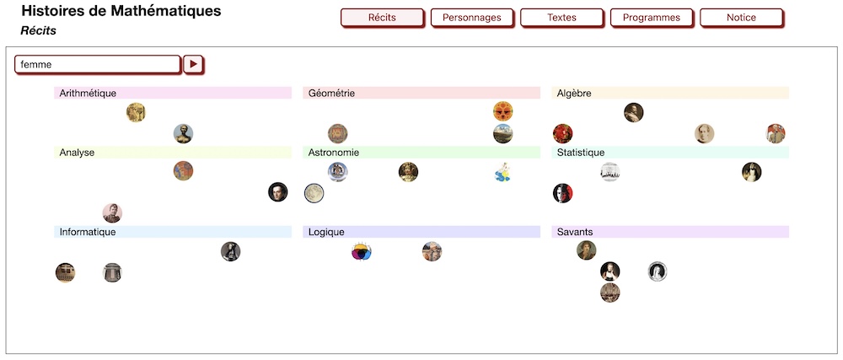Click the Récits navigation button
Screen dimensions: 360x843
tap(381, 18)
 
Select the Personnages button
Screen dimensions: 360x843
tap(471, 18)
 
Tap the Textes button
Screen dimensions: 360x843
tap(561, 18)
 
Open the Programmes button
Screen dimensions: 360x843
tap(652, 18)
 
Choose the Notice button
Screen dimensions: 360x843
tap(741, 18)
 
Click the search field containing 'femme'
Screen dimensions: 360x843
tap(98, 64)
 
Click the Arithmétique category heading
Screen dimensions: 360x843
tap(88, 93)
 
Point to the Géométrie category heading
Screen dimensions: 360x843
tap(331, 93)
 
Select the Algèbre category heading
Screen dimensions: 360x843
tap(574, 93)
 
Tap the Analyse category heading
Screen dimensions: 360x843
tap(77, 153)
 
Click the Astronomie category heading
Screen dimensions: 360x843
tap(334, 153)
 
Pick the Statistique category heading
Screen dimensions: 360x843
tap(580, 153)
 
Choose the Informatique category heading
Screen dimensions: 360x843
tap(88, 232)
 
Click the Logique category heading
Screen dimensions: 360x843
tap(326, 232)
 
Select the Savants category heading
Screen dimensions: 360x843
tap(575, 232)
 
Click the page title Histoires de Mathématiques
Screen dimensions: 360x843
tap(121, 11)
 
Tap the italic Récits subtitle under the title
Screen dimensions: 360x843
tap(38, 30)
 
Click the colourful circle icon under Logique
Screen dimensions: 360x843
tap(362, 251)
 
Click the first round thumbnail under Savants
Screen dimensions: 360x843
tap(586, 250)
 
